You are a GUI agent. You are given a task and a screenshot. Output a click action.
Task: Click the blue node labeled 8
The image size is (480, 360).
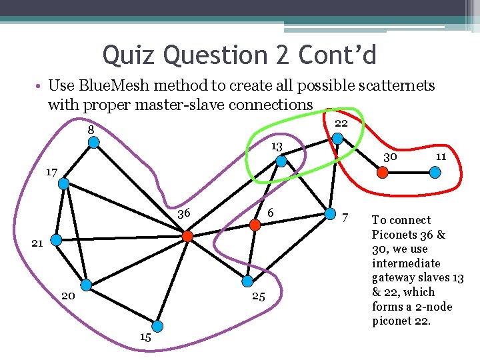95,142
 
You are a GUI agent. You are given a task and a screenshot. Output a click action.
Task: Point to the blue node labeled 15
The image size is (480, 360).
157,326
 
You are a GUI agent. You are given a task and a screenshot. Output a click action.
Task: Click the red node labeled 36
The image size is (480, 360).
188,236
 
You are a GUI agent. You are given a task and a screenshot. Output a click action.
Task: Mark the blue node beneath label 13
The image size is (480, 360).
281,161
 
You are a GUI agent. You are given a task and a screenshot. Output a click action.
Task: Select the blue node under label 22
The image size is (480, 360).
338,139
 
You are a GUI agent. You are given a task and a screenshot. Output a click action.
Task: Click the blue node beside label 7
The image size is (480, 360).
330,214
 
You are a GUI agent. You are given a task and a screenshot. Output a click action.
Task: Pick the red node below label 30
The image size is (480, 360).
383,171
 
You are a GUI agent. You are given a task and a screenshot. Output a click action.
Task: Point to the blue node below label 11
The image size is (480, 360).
435,171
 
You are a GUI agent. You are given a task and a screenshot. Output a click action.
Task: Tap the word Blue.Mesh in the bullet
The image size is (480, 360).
109,85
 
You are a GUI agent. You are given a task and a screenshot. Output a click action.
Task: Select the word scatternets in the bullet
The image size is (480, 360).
395,85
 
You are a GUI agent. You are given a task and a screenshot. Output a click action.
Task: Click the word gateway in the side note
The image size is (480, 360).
393,277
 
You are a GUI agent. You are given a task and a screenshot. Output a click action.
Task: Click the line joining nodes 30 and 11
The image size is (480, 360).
409,171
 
